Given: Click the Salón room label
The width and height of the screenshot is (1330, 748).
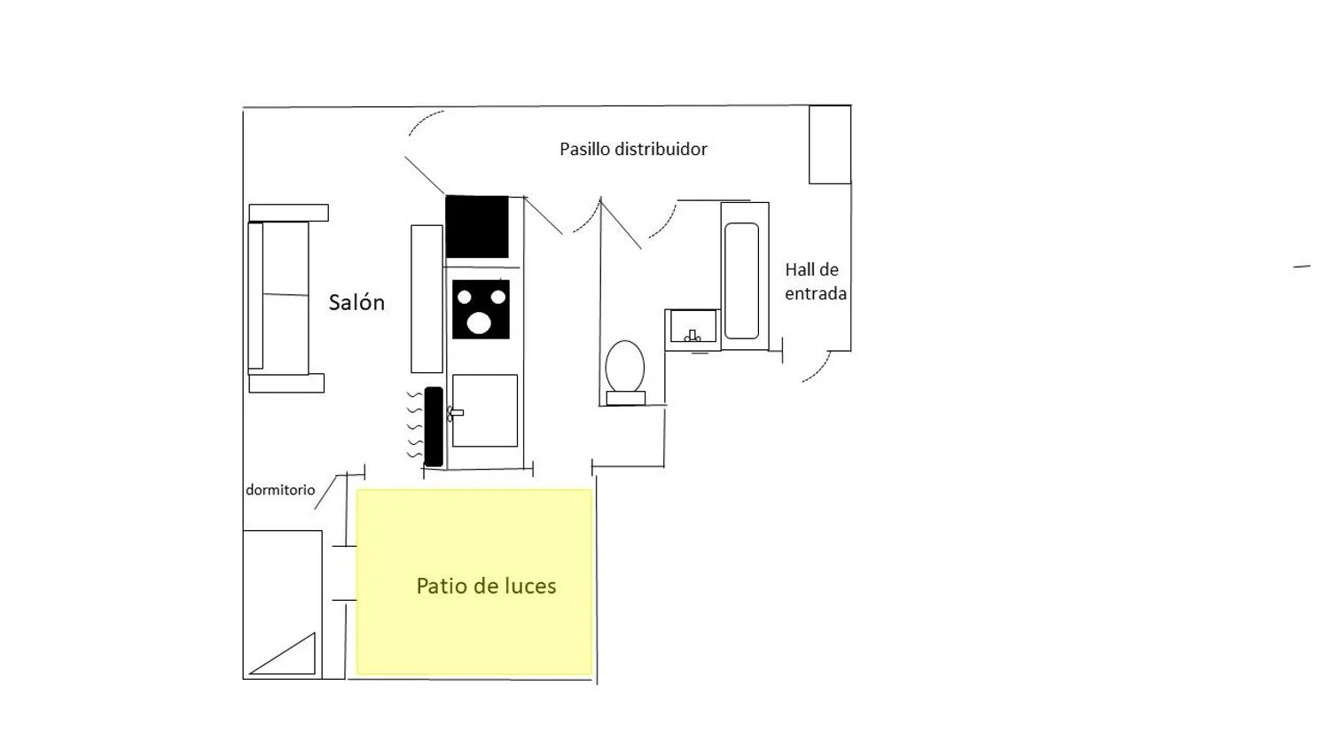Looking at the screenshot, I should coord(356,302).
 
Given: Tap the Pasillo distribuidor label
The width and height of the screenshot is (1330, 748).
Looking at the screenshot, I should coord(633,149).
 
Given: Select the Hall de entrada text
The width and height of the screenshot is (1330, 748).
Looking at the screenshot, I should coord(815,281).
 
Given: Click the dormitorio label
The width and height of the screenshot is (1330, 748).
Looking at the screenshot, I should coord(280,490).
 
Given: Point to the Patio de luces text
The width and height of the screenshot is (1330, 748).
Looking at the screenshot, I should coord(486,586).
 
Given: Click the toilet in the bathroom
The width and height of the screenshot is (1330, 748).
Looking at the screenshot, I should coord(625,368).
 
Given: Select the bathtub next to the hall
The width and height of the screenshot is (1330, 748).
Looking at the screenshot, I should coord(742,280).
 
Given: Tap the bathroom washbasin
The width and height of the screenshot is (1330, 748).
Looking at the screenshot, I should coord(693,326).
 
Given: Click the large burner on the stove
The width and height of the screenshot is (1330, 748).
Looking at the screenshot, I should coord(479,323).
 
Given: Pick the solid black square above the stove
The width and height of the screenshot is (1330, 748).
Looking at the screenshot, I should coord(477,227).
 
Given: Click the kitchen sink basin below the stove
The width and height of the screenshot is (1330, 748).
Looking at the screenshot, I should coord(485,410).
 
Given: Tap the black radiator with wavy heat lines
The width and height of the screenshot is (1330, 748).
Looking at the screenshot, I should coord(434,426).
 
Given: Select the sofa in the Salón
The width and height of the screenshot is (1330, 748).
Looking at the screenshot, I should coord(278,297).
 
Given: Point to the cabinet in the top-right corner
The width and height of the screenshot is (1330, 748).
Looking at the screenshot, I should coord(830,144).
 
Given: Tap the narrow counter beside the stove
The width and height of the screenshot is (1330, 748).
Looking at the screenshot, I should coord(426,299).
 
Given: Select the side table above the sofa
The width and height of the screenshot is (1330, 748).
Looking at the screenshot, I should coord(288,213).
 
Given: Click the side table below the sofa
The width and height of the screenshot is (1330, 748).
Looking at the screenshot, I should coord(286,383).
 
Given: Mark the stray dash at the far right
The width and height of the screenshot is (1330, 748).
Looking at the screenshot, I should coord(1302,266).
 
